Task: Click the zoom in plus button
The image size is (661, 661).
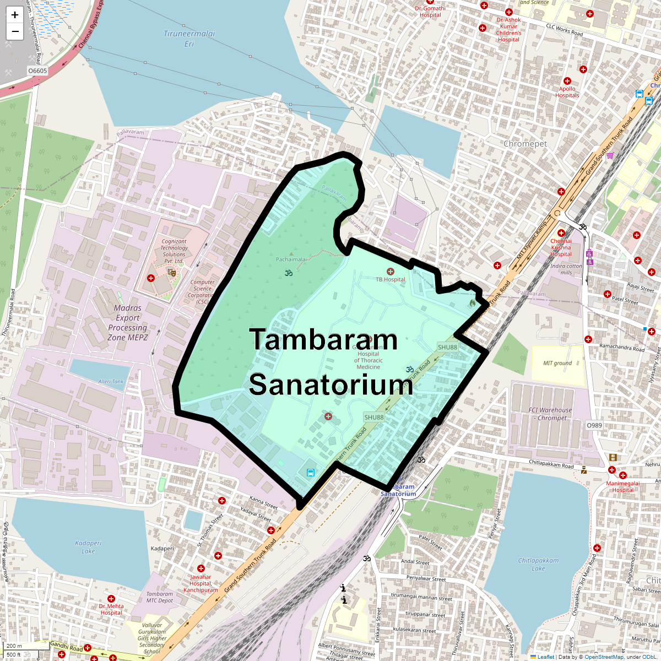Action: [15, 15]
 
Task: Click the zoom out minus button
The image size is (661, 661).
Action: [15, 31]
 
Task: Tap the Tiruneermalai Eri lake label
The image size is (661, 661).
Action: [189, 39]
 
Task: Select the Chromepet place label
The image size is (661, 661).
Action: [525, 144]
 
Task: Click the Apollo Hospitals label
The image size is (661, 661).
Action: [567, 92]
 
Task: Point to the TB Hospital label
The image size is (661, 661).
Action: [391, 279]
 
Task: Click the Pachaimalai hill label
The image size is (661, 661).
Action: [291, 259]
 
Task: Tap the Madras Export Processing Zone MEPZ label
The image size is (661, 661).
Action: [128, 323]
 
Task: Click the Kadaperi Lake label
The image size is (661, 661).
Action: [89, 547]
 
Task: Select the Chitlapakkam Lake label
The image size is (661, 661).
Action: [538, 564]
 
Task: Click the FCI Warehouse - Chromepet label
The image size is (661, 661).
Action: [550, 414]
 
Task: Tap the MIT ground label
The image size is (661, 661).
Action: [557, 363]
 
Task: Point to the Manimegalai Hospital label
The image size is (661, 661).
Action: [623, 487]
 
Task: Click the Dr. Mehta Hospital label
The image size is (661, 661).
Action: [111, 609]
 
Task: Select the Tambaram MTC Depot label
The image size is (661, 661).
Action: [160, 597]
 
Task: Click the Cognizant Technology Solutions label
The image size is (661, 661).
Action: [174, 251]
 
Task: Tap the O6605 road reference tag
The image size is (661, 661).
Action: [37, 71]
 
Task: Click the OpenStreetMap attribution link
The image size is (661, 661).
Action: [604, 657]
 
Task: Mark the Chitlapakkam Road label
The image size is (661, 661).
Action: [551, 464]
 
